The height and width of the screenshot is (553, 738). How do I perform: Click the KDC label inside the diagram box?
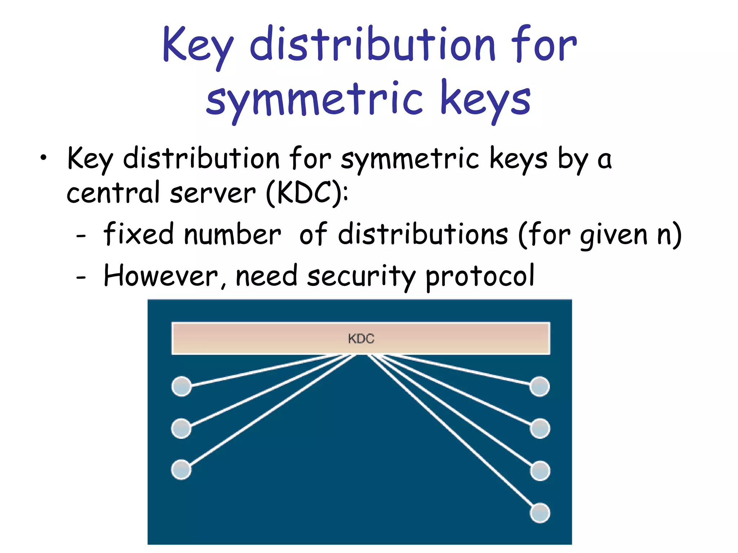click(361, 338)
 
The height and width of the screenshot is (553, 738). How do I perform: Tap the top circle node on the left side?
click(181, 386)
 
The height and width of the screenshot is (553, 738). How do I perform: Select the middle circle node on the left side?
click(181, 428)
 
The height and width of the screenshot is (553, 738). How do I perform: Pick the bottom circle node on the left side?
click(181, 470)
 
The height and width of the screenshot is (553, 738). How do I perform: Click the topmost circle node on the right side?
click(540, 386)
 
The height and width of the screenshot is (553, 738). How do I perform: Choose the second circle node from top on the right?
click(540, 428)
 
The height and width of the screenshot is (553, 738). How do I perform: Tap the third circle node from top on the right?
click(540, 471)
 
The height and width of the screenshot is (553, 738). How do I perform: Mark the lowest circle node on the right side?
click(540, 513)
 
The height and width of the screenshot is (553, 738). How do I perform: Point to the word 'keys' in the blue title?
click(485, 99)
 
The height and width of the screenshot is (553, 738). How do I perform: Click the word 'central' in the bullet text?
click(113, 193)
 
